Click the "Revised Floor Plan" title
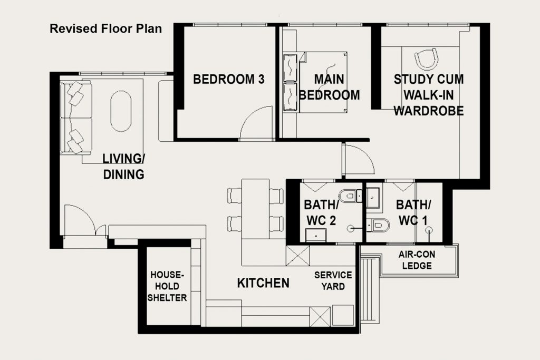click(105, 28)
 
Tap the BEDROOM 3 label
click(229, 79)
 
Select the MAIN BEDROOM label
click(329, 87)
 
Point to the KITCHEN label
click(263, 283)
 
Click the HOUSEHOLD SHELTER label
click(167, 286)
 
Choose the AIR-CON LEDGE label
click(417, 260)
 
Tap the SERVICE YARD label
click(333, 280)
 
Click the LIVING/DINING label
click(123, 167)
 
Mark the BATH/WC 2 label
click(321, 213)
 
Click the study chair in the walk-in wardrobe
click(426, 59)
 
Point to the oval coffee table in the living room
click(121, 111)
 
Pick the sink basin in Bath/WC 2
click(316, 236)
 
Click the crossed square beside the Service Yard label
click(298, 255)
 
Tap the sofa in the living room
click(76, 118)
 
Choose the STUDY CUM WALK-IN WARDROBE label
click(428, 95)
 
